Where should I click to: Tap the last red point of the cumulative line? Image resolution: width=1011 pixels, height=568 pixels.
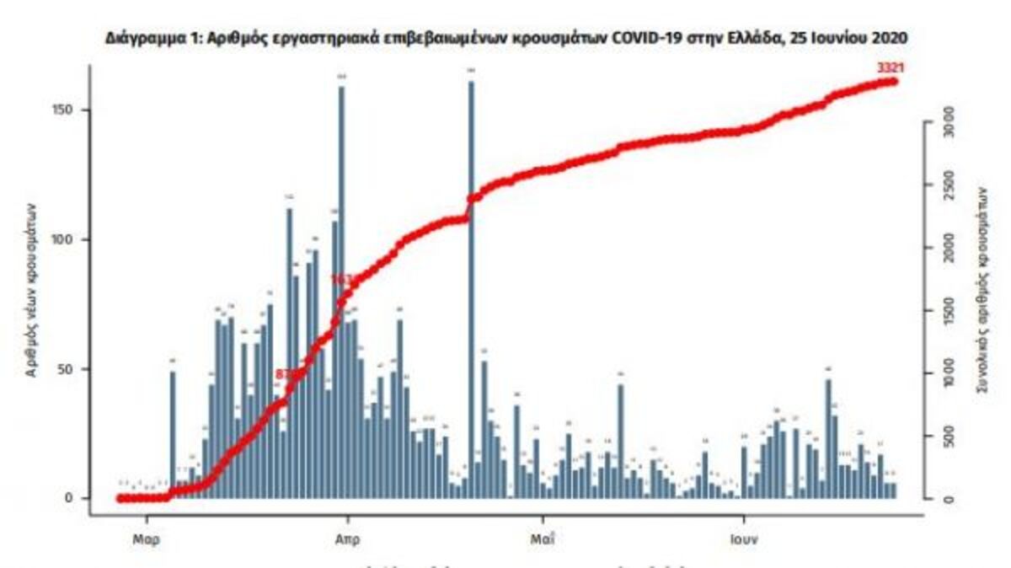(893, 82)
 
